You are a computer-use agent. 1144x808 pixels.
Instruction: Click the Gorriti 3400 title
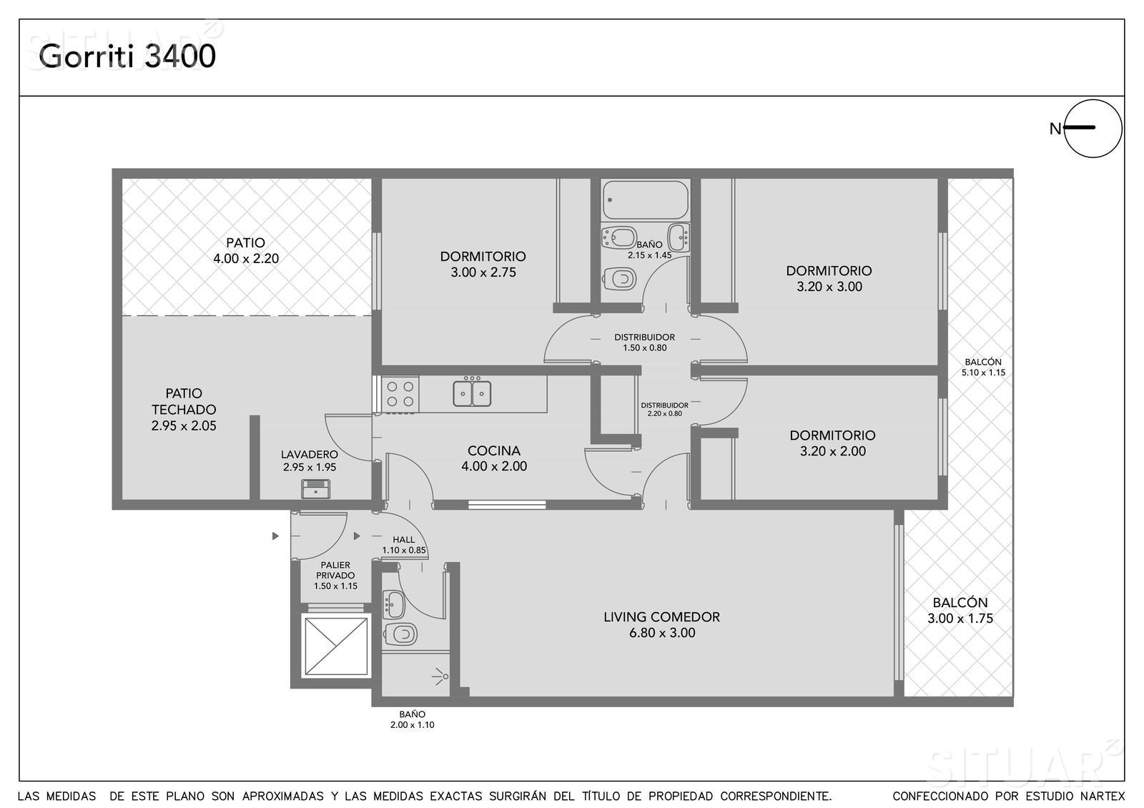coord(127,56)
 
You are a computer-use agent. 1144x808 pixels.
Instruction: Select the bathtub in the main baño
coord(646,199)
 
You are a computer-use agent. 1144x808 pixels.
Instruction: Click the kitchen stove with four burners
coord(400,394)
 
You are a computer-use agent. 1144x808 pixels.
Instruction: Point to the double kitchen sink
coord(472,393)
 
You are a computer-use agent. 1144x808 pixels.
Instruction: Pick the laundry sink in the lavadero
coord(315,489)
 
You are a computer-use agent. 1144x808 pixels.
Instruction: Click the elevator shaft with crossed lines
coord(335,646)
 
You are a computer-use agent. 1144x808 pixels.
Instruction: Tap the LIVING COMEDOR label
coord(662,625)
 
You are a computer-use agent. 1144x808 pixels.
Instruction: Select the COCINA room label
coord(494,458)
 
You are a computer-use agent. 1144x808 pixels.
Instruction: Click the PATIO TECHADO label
coord(183,409)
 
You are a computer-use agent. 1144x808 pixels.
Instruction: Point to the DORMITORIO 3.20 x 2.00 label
coord(832,443)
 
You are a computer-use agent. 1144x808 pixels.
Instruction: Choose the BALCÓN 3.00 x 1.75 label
coord(960,611)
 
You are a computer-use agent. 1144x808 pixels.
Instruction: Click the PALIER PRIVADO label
coord(335,576)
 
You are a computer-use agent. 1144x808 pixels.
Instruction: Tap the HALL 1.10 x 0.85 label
coord(403,545)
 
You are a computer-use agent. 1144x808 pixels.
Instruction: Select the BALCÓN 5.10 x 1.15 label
coord(983,368)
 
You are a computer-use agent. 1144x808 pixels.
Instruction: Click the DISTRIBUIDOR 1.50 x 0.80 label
coord(644,343)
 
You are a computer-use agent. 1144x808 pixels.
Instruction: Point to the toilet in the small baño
coord(401,634)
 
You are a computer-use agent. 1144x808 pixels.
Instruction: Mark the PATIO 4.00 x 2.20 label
coord(246,250)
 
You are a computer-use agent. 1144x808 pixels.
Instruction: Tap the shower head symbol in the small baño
coord(440,676)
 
